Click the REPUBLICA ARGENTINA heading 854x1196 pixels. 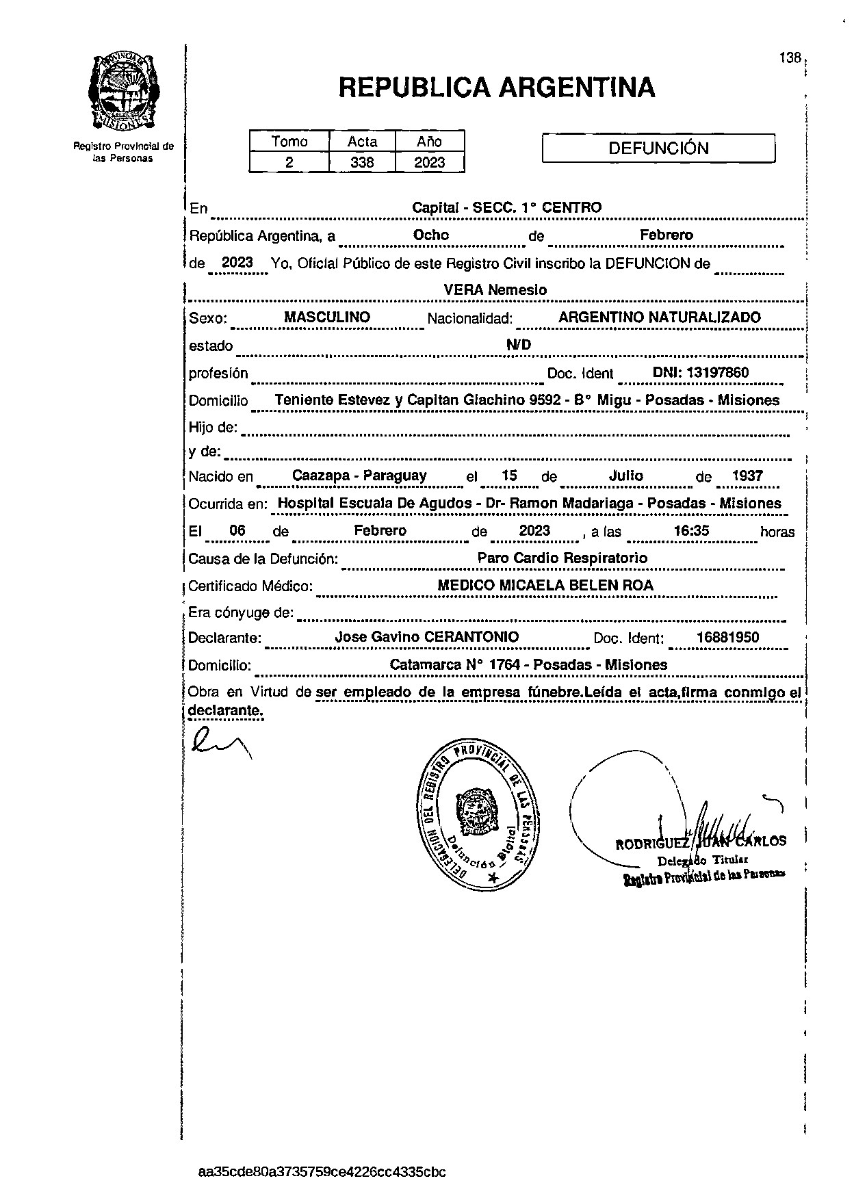click(x=497, y=88)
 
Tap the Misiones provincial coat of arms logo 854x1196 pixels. click(x=123, y=92)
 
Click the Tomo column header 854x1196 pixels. click(x=289, y=142)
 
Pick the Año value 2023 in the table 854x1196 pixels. click(x=430, y=162)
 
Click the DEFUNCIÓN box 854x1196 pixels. click(x=658, y=148)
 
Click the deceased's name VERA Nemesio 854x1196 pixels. click(x=495, y=289)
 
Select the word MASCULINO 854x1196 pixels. click(x=327, y=317)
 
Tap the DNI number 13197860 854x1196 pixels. click(x=701, y=373)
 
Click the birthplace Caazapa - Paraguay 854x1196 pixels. click(x=359, y=476)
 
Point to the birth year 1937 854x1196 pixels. click(x=747, y=476)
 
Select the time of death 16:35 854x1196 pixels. click(x=691, y=531)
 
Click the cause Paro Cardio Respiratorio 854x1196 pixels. click(x=562, y=558)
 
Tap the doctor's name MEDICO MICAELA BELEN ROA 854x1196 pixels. click(x=545, y=586)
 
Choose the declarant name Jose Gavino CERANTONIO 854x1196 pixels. click(x=426, y=637)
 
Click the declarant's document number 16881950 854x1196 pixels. click(x=727, y=638)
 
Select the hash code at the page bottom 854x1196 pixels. click(x=322, y=1172)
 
